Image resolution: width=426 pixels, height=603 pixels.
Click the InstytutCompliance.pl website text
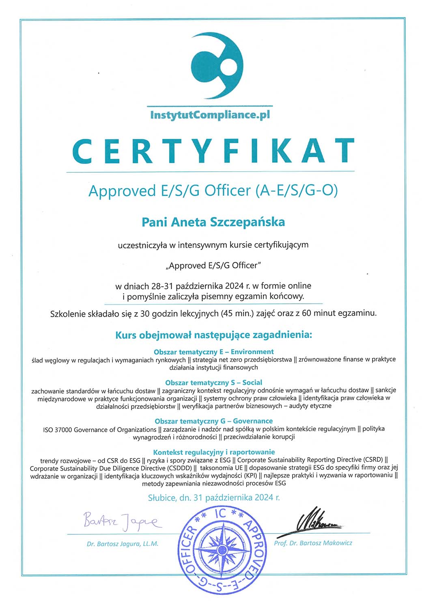pyautogui.click(x=210, y=115)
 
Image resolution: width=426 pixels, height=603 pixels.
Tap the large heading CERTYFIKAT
pyautogui.click(x=213, y=151)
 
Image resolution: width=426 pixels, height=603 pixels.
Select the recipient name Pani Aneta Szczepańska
pyautogui.click(x=213, y=222)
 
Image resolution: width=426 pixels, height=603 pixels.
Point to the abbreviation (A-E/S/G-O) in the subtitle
pyautogui.click(x=296, y=190)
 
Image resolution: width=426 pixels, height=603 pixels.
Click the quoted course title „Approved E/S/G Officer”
pyautogui.click(x=213, y=266)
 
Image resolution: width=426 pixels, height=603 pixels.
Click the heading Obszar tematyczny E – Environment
pyautogui.click(x=213, y=352)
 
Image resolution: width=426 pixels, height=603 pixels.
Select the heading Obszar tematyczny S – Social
pyautogui.click(x=213, y=383)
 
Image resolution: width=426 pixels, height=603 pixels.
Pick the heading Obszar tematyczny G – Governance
pyautogui.click(x=213, y=421)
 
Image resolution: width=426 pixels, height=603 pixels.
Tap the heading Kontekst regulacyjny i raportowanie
pyautogui.click(x=214, y=452)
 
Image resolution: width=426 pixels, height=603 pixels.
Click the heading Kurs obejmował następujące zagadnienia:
pyautogui.click(x=214, y=335)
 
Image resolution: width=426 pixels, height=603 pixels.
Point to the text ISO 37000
pyautogui.click(x=58, y=430)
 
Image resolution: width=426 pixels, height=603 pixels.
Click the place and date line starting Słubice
pyautogui.click(x=214, y=497)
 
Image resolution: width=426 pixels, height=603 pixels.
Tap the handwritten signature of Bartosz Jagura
pyautogui.click(x=122, y=521)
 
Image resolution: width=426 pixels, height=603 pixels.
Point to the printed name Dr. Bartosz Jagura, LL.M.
pyautogui.click(x=122, y=544)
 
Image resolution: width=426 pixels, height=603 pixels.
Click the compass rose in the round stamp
pyautogui.click(x=223, y=551)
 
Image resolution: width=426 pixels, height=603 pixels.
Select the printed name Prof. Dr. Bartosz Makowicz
pyautogui.click(x=313, y=543)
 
